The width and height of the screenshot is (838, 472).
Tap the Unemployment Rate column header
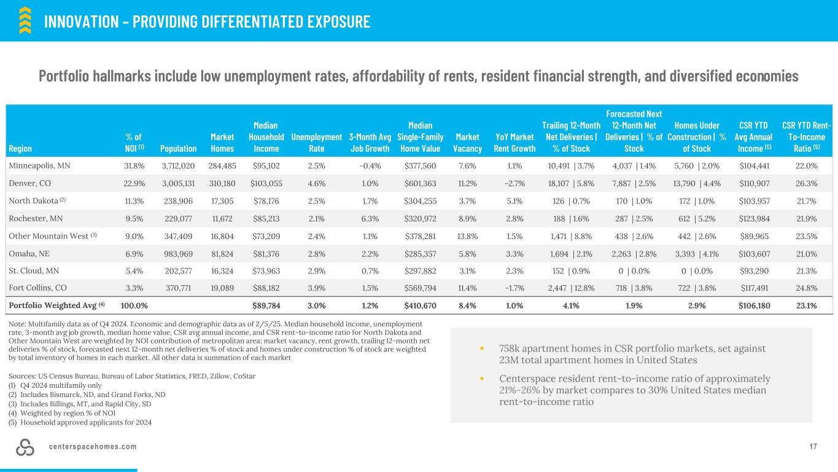pyautogui.click(x=316, y=143)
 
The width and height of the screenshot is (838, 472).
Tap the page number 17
pyautogui.click(x=813, y=446)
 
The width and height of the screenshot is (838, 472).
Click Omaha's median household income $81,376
pyautogui.click(x=268, y=252)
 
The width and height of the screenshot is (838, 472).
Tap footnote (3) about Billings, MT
pyautogui.click(x=76, y=404)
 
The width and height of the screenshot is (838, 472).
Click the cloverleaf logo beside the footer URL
pyautogui.click(x=25, y=447)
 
